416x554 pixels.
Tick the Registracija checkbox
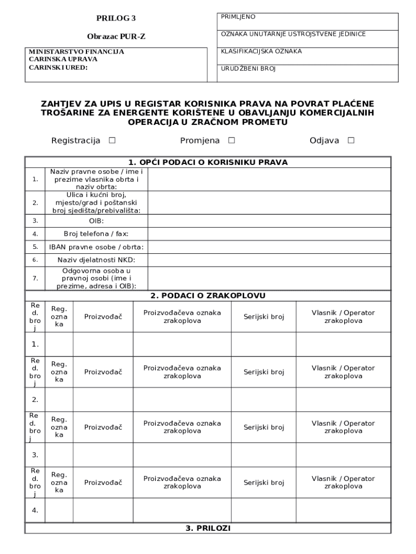[x=112, y=141]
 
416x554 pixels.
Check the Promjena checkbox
[x=232, y=141]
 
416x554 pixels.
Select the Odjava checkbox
[x=351, y=141]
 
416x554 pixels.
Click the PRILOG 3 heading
[x=116, y=18]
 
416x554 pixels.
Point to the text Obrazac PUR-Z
[x=116, y=37]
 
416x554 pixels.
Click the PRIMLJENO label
[x=238, y=17]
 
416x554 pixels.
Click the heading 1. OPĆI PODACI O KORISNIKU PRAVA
[x=208, y=162]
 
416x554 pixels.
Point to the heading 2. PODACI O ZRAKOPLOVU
[x=208, y=295]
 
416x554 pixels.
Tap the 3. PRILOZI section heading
[x=208, y=529]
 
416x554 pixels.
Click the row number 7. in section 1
[x=35, y=278]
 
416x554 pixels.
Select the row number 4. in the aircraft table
[x=35, y=510]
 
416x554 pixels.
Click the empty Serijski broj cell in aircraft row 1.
[x=264, y=344]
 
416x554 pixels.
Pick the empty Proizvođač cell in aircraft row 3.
[x=103, y=455]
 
